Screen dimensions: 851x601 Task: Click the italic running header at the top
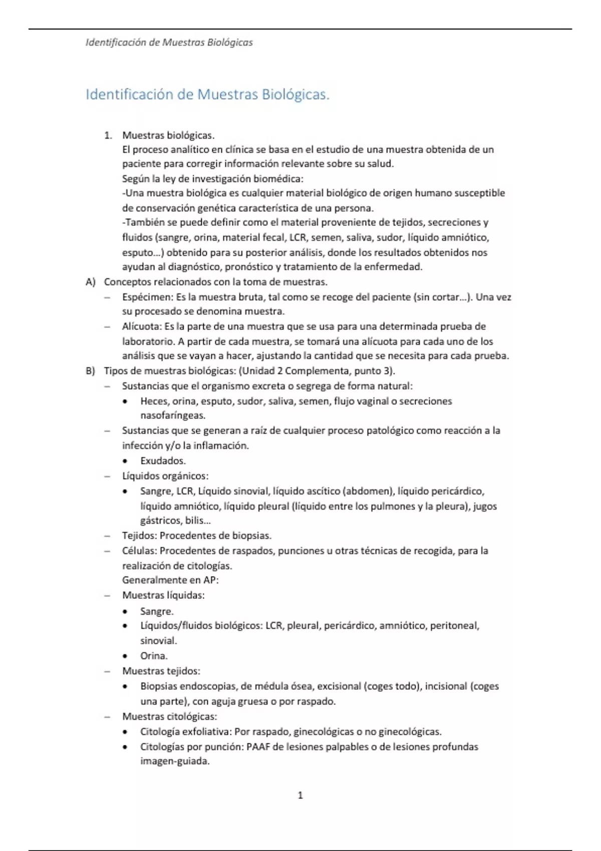[169, 43]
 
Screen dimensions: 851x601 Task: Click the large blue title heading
[207, 94]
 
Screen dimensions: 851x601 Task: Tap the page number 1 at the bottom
[300, 795]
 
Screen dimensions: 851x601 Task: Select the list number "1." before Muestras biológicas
[108, 135]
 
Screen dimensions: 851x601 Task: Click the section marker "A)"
[91, 282]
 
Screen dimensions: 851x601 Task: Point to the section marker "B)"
[91, 371]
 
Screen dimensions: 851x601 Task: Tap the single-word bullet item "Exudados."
[163, 461]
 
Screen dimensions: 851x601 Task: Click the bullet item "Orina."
[154, 656]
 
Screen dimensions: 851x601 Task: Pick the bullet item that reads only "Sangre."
[157, 611]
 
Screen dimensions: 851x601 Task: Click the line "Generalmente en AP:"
[170, 580]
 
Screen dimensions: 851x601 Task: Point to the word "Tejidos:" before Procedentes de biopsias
[140, 536]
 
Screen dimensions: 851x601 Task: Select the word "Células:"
[140, 551]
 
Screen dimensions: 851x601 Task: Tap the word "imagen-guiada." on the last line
[175, 761]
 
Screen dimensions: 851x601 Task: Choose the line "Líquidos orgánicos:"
[165, 476]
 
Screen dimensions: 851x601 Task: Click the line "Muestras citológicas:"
[169, 716]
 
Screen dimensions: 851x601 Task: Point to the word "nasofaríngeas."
[173, 415]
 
